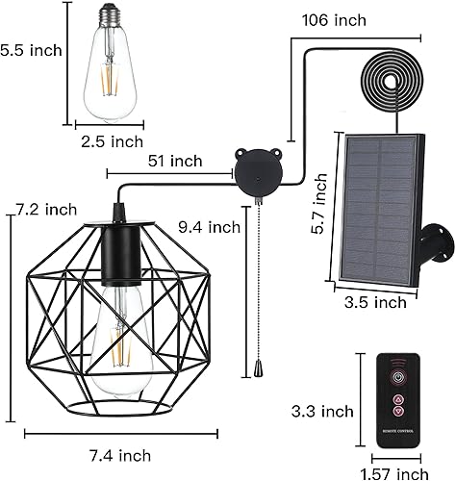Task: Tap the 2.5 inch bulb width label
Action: click(x=113, y=141)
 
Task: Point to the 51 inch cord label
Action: click(x=175, y=161)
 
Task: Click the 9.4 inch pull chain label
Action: click(x=209, y=228)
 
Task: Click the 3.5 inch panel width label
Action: click(x=376, y=302)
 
